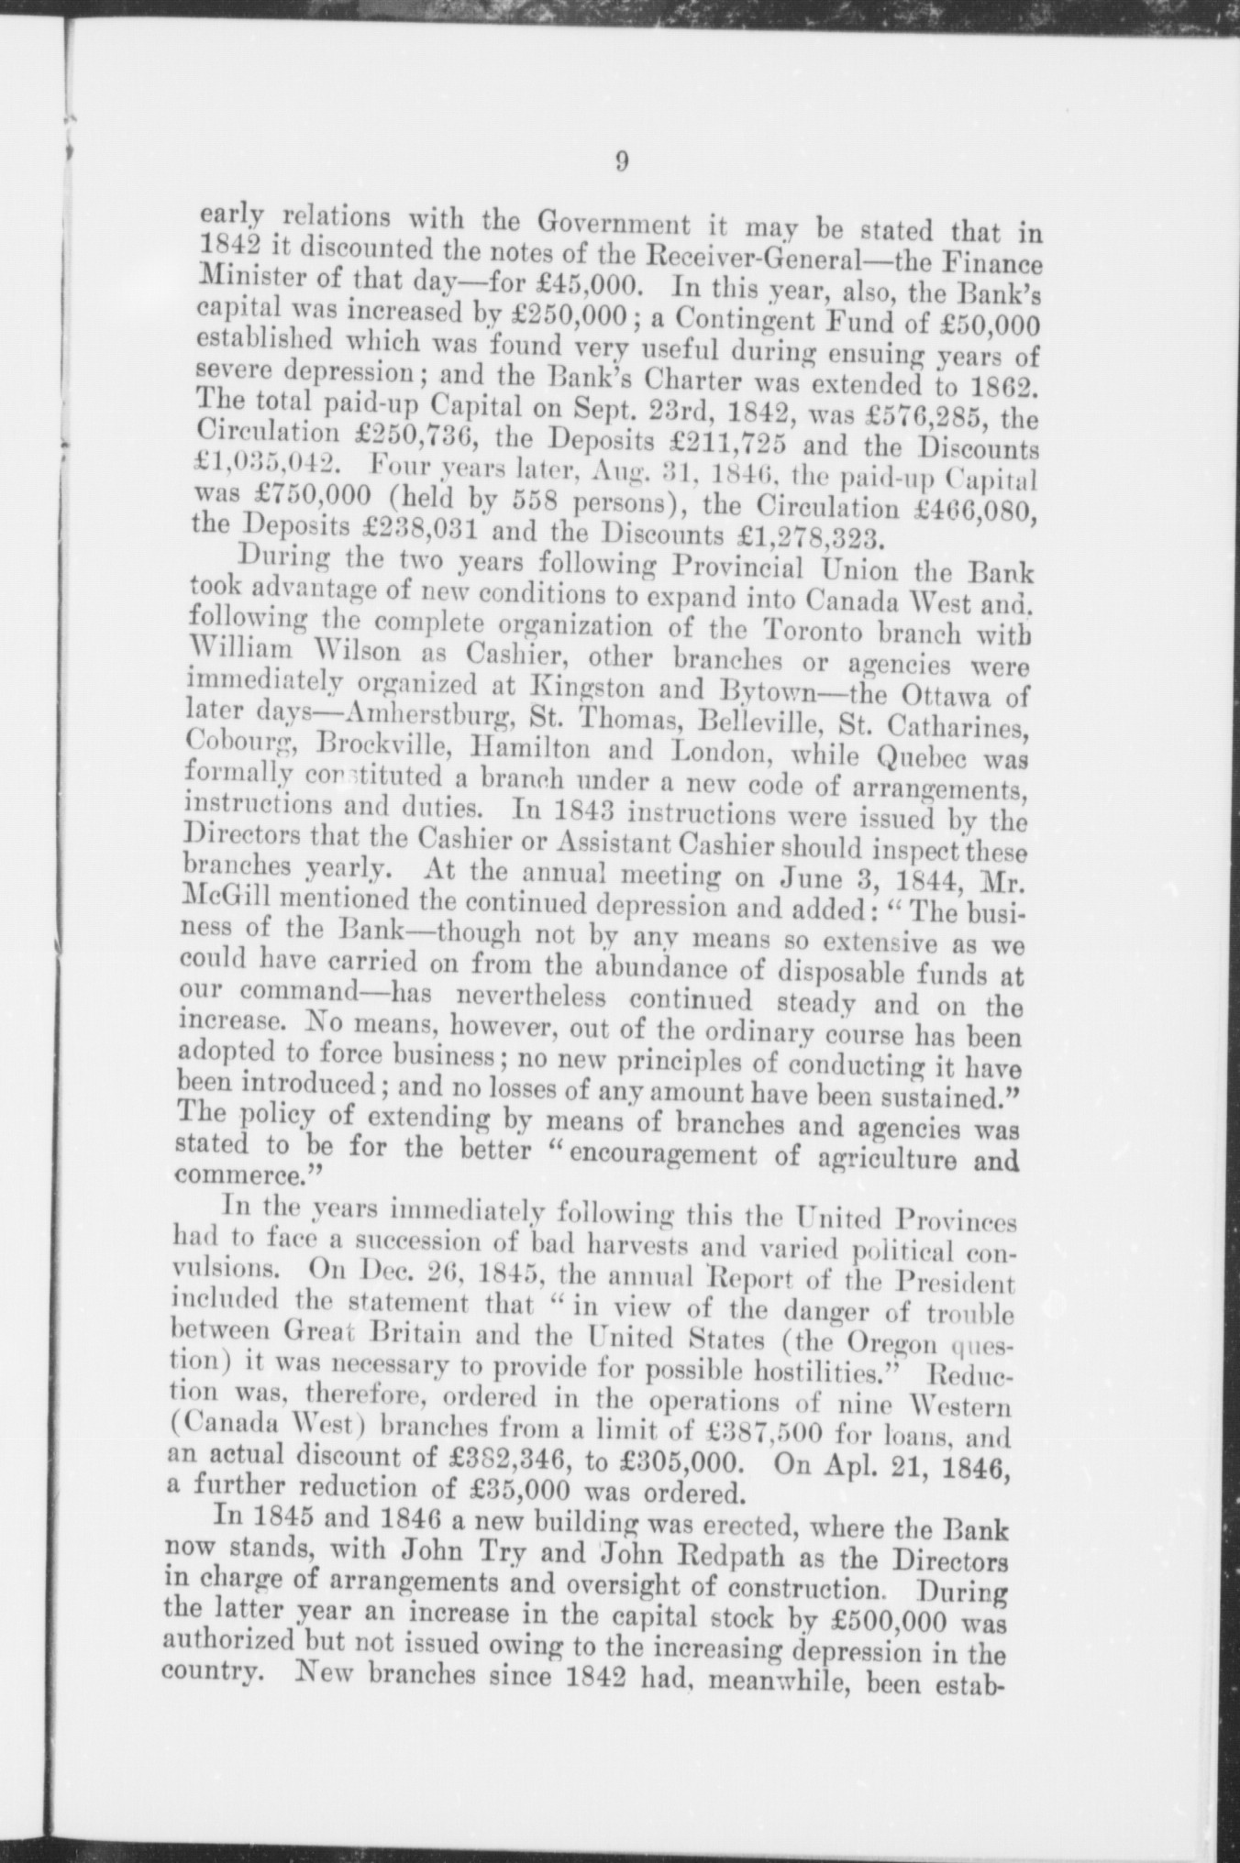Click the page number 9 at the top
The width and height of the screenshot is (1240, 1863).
pyautogui.click(x=621, y=162)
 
